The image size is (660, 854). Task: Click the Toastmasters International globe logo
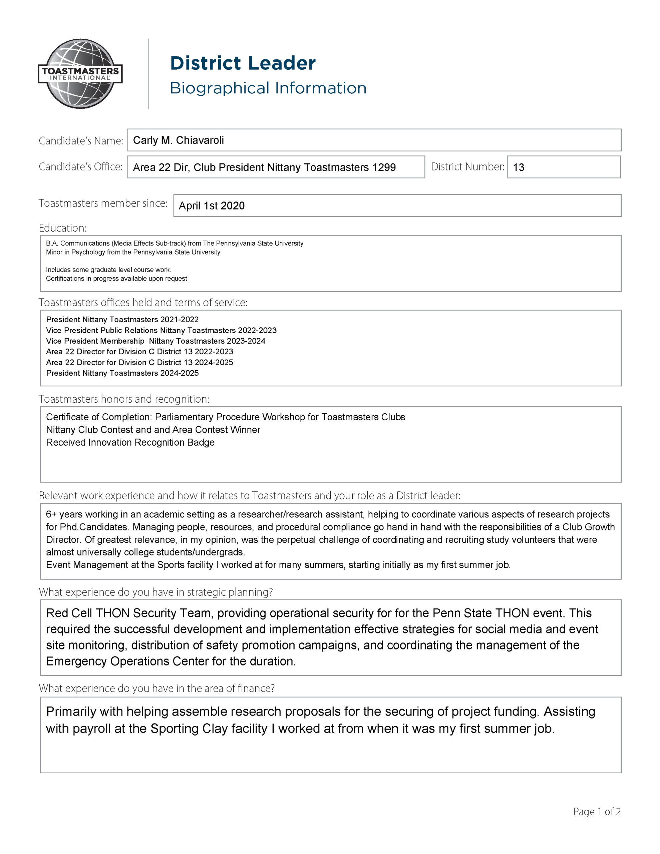coord(80,73)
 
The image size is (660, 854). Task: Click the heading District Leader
coord(243,63)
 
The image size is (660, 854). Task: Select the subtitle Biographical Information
coord(268,88)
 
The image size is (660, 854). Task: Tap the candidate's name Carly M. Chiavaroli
coord(179,140)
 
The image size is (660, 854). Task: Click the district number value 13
coord(519,167)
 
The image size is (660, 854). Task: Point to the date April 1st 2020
coord(212,206)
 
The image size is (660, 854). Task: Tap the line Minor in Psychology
coord(133,252)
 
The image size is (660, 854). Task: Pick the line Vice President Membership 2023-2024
coord(155,341)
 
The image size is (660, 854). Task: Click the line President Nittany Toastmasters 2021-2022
coord(122,320)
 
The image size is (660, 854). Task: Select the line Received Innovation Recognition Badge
coord(130,442)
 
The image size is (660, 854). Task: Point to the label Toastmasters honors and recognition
coord(124,399)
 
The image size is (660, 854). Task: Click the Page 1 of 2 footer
coord(597,812)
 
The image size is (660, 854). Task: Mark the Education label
coord(63,228)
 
